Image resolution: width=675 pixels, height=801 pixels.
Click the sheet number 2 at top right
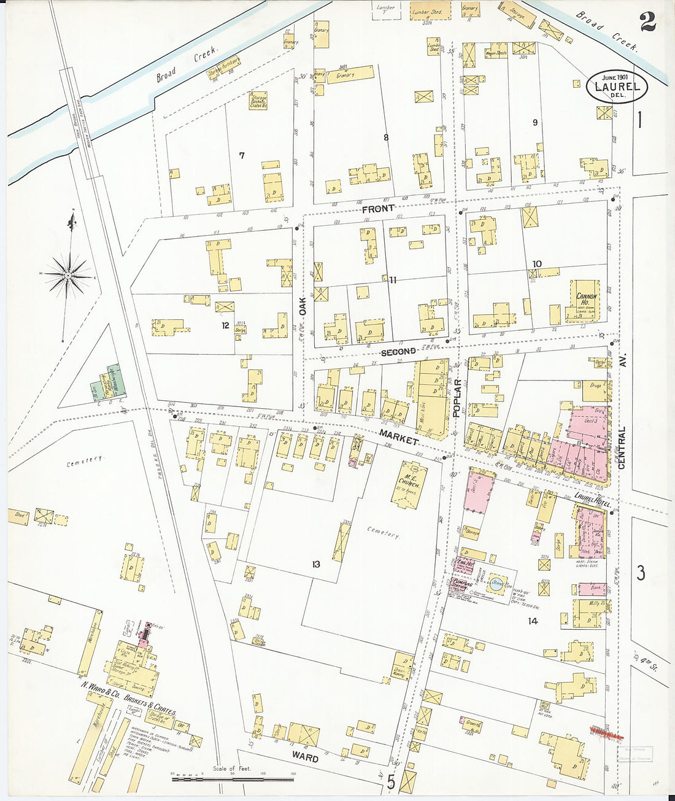coord(647,22)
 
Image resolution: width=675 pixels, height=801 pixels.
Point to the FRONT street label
coord(378,209)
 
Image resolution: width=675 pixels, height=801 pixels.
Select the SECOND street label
coord(399,352)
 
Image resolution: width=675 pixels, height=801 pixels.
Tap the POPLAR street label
coord(457,398)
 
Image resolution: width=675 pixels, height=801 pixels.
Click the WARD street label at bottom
coord(305,758)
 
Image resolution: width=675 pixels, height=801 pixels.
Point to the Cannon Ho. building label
coord(586,299)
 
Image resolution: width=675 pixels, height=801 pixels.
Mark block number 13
coord(315,564)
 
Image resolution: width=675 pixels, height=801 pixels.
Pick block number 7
coord(242,155)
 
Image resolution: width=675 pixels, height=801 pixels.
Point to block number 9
coord(535,123)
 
